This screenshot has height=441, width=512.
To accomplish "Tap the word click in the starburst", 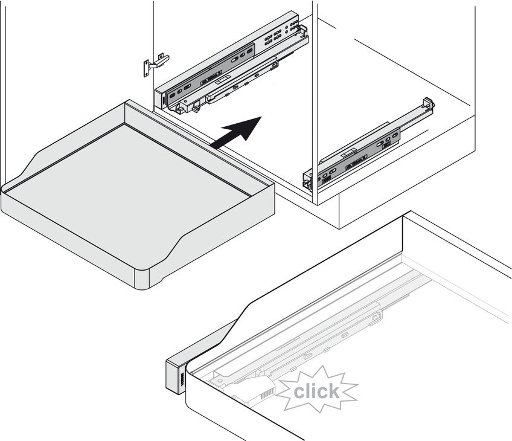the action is [316, 391].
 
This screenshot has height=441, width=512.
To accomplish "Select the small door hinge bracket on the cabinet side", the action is [156, 65].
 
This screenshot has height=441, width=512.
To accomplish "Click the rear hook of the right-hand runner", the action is [429, 105].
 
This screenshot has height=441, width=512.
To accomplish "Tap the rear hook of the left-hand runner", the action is [302, 30].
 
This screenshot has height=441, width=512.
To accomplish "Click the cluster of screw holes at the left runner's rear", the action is [278, 33].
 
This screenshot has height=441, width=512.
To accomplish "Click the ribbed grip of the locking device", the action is [266, 394].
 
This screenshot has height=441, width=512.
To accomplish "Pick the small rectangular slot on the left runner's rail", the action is [225, 79].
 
